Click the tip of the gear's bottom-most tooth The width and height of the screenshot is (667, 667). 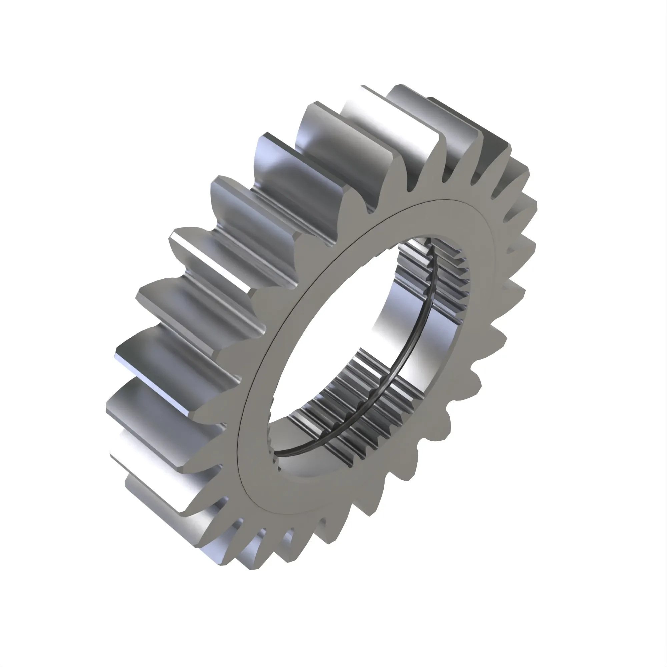click(255, 566)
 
